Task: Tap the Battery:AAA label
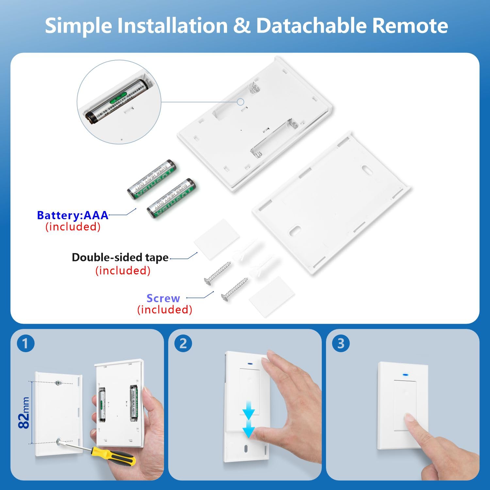point(73,215)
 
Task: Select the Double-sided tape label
point(120,257)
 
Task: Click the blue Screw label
point(163,298)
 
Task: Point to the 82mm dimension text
point(24,413)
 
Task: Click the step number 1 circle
point(25,343)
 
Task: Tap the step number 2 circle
point(183,343)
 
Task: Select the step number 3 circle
point(341,343)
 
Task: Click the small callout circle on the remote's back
point(241,102)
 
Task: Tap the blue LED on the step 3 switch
point(406,375)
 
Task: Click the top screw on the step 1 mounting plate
point(58,383)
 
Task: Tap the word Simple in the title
point(79,25)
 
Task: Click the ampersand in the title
point(242,25)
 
